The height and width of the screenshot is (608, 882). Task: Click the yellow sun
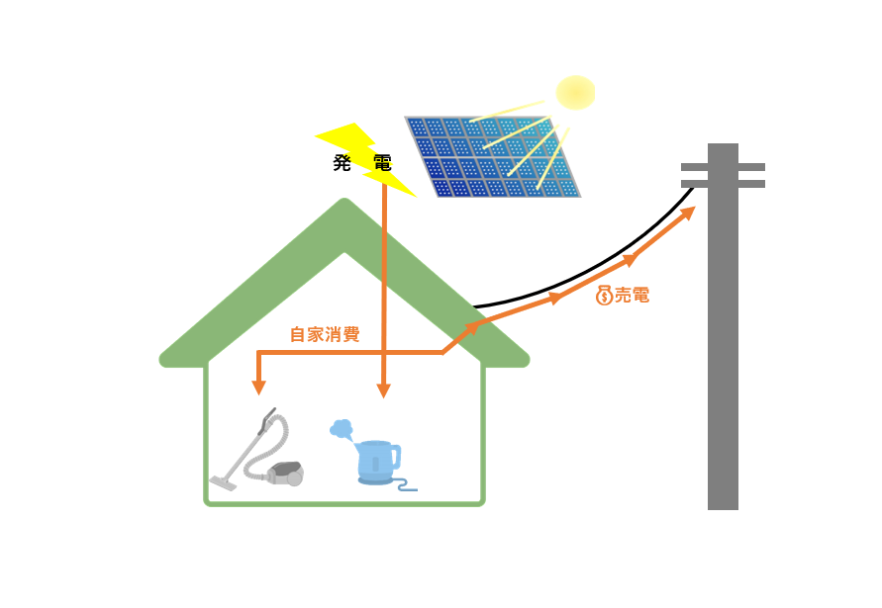(x=575, y=93)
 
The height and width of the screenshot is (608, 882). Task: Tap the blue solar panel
(x=493, y=157)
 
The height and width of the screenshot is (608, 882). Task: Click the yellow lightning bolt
(x=366, y=159)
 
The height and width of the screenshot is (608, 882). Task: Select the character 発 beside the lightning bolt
(x=342, y=163)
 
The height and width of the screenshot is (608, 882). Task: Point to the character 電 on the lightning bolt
(x=382, y=163)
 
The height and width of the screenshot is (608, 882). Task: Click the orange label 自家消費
(x=325, y=335)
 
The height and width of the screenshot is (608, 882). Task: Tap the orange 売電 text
(x=632, y=295)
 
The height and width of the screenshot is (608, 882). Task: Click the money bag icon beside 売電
(x=604, y=296)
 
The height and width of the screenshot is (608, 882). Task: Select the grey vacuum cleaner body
(x=285, y=474)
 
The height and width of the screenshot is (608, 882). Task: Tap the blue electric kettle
(x=378, y=462)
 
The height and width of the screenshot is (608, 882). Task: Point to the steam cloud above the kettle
(x=342, y=430)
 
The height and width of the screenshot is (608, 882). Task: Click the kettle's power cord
(x=405, y=485)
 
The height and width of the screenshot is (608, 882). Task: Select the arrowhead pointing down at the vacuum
(x=258, y=388)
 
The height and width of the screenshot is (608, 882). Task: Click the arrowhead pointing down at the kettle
(x=384, y=391)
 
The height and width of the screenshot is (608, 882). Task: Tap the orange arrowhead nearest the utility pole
(x=689, y=213)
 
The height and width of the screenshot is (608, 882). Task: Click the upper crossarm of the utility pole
(x=723, y=167)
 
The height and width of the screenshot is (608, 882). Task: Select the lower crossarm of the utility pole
(x=723, y=184)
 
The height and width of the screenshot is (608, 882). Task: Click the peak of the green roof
(x=344, y=200)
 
